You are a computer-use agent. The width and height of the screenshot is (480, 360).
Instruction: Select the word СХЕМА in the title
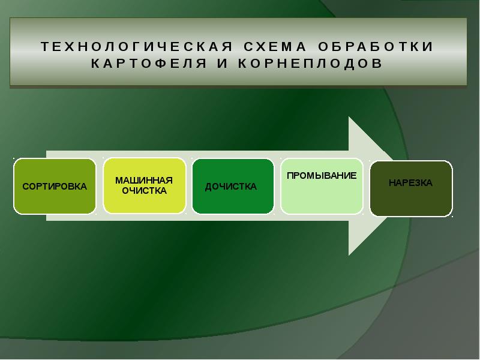point(271,47)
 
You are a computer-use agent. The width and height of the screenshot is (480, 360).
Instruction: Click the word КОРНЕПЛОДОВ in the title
point(304,63)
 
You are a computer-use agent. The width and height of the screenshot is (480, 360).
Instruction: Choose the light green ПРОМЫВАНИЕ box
point(322,198)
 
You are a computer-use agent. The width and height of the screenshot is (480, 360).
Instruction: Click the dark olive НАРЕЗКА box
point(410,201)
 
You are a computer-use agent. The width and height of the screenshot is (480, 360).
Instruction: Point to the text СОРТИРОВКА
point(55,187)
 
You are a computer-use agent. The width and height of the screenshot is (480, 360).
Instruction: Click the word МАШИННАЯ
point(144,181)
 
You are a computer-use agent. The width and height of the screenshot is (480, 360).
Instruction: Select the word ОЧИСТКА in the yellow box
point(144,191)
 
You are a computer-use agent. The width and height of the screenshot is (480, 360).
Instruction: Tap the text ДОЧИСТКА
point(231,187)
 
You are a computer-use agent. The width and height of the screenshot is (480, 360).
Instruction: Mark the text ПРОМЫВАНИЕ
point(322,176)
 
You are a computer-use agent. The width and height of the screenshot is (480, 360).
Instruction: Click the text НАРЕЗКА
point(410,183)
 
